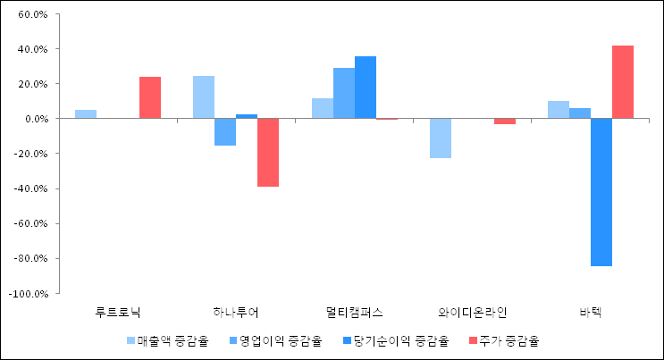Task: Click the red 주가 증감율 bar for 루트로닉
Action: pos(150,97)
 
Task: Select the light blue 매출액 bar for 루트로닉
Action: pos(86,113)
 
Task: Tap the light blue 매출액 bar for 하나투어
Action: pos(204,97)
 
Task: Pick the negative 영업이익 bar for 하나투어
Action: pos(225,131)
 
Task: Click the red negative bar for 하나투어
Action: pos(268,152)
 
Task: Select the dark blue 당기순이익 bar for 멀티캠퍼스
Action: pos(366,88)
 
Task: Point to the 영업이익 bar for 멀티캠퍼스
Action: pos(344,93)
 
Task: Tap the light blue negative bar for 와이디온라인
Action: pos(441,138)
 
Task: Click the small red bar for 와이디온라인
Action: pos(505,121)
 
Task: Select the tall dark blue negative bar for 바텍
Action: pos(601,192)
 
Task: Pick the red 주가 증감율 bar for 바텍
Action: pos(623,82)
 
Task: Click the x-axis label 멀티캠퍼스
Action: pos(354,313)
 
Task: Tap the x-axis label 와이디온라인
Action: pos(473,313)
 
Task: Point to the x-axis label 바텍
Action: pos(591,313)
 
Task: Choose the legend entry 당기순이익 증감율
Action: pos(398,340)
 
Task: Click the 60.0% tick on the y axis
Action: pos(32,14)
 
